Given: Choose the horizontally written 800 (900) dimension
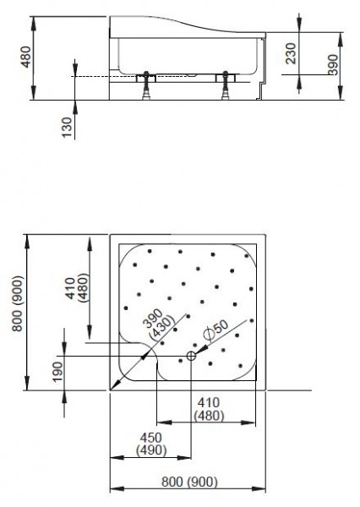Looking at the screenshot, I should pyautogui.click(x=189, y=482).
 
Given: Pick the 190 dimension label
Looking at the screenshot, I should pyautogui.click(x=56, y=372).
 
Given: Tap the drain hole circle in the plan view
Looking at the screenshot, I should pyautogui.click(x=191, y=356).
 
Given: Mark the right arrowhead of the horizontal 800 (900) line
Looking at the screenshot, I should pyautogui.click(x=265, y=490).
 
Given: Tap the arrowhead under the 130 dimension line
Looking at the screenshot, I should pyautogui.click(x=74, y=103).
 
